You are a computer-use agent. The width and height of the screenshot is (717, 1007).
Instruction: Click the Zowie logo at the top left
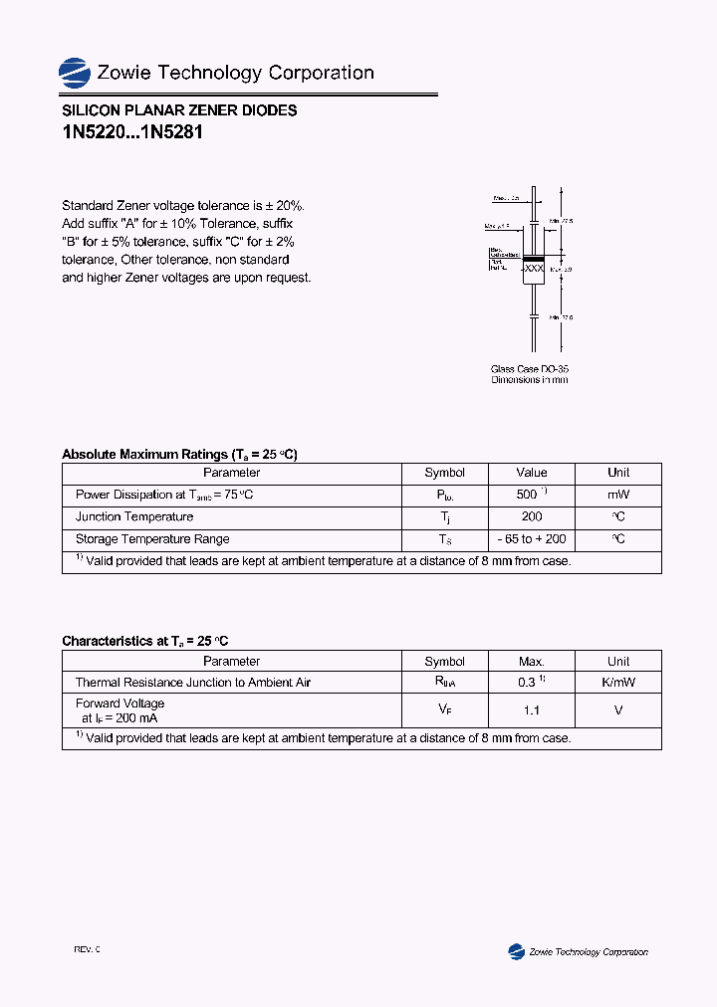click(75, 72)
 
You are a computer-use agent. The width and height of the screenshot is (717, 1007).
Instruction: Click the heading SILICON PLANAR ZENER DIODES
click(179, 110)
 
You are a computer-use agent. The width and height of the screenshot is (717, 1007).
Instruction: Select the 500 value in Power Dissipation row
click(528, 495)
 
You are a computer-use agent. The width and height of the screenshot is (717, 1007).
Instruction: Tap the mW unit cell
click(618, 495)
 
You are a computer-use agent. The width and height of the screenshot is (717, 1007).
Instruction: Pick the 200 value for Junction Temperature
click(532, 516)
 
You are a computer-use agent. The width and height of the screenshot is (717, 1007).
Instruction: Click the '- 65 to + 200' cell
click(532, 539)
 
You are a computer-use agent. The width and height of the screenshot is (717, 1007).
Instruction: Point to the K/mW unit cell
click(618, 683)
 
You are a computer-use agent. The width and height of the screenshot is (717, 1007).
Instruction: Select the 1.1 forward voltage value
click(532, 710)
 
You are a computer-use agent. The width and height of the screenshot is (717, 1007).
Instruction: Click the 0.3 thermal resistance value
click(528, 683)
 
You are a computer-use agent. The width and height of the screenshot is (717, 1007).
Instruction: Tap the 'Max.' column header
click(532, 662)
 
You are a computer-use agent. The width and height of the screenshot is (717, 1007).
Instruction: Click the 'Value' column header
click(532, 473)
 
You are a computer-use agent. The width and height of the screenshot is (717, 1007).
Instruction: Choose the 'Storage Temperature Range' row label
click(152, 539)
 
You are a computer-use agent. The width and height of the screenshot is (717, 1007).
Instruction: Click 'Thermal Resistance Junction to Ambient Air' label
click(193, 683)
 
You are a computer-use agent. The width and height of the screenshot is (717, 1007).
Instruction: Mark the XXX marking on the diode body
click(534, 269)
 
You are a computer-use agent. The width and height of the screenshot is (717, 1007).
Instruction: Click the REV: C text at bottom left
click(87, 950)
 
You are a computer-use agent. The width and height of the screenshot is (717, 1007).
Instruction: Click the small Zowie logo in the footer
click(516, 951)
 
